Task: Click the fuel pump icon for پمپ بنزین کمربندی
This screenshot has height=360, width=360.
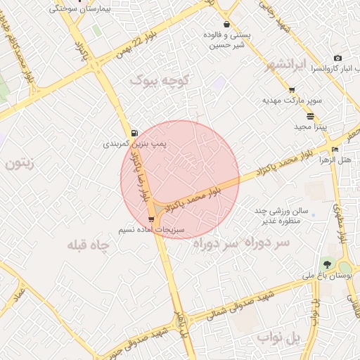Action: [x=134, y=132]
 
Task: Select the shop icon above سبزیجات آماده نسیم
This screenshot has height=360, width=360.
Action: [x=151, y=220]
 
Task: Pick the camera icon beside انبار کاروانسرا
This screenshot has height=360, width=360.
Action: [x=337, y=58]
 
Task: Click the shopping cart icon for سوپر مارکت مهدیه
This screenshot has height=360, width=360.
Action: [x=292, y=90]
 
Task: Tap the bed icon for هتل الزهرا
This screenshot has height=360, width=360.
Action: [x=335, y=149]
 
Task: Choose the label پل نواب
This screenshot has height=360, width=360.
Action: [x=278, y=339]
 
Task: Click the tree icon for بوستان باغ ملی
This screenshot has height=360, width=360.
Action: [x=326, y=264]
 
